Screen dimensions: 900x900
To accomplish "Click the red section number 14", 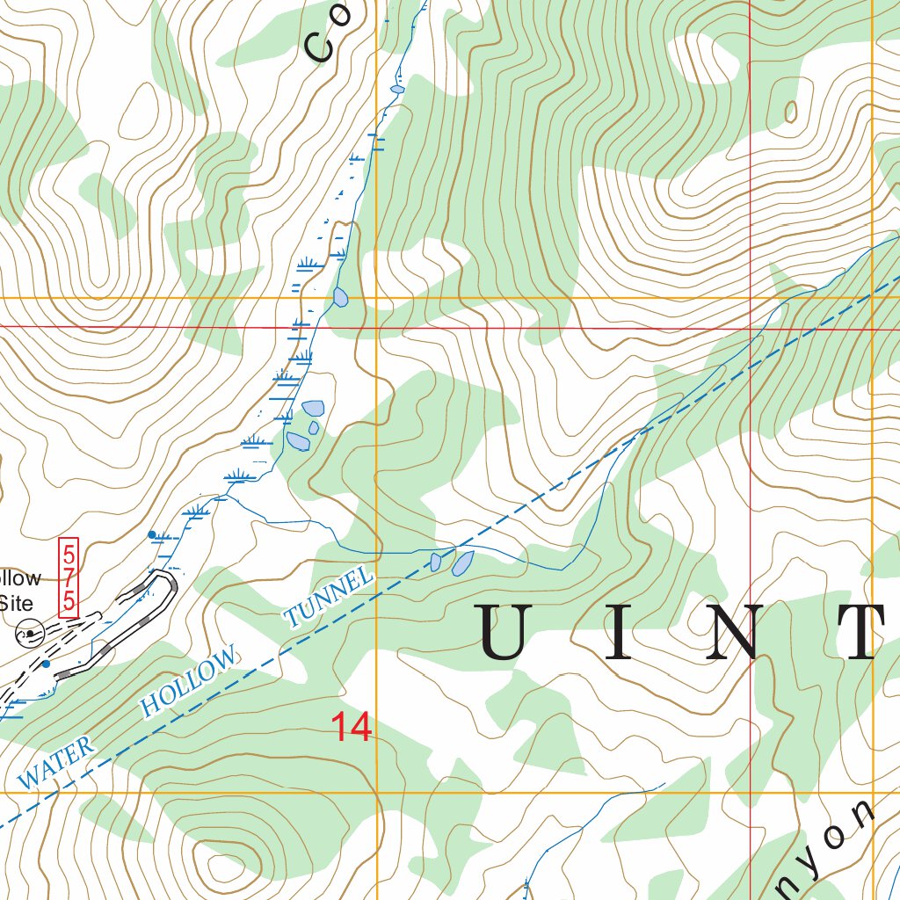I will (351, 728).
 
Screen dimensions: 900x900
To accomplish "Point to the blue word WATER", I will (56, 762).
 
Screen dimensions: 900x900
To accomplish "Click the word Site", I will (16, 604).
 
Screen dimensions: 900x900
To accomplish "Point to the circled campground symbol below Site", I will (29, 631).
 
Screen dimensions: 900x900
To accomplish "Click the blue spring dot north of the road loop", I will (151, 533).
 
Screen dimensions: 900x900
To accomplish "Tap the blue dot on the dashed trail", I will (46, 664).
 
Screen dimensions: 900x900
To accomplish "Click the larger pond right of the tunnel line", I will (462, 562).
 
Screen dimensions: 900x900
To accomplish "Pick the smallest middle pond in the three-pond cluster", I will (314, 428).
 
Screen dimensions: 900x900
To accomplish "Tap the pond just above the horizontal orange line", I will (340, 297).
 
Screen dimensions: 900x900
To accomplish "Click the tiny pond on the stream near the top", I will (397, 89).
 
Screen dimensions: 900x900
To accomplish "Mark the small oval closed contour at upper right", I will (790, 112).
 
